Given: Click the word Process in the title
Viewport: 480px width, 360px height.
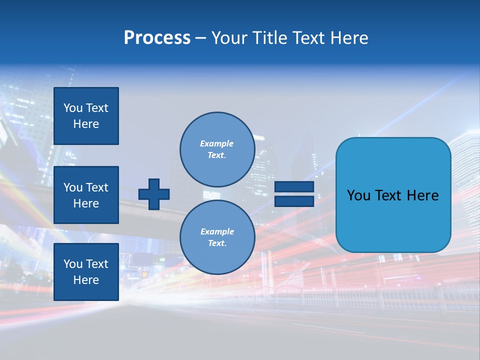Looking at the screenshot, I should coord(157,37).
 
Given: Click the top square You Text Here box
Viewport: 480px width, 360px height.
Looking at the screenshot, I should coord(86,116).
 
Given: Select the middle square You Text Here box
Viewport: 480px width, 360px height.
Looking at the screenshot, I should coord(86,195).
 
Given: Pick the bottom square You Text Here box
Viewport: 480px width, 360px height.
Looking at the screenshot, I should coord(86,272).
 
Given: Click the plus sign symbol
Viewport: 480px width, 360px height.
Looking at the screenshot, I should coord(154,194).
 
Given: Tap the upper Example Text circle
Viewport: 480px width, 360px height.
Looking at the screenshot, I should coord(217,149).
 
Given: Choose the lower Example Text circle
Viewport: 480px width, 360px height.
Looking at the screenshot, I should coord(217,237).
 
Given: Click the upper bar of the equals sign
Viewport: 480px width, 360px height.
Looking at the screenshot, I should coord(294,187).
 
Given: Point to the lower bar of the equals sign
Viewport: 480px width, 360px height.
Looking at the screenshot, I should coord(294,201).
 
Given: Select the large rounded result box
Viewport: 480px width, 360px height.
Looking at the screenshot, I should coord(393,195).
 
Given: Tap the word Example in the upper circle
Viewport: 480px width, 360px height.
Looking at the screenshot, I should coord(217,143).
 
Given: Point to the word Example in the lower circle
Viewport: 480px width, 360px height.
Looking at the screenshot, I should coord(217,231).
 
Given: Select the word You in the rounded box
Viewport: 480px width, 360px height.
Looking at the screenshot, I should coord(358,195).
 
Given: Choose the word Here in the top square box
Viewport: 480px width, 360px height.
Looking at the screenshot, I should coord(86,124).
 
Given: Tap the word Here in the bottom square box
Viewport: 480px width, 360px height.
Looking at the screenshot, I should coord(86,280).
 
